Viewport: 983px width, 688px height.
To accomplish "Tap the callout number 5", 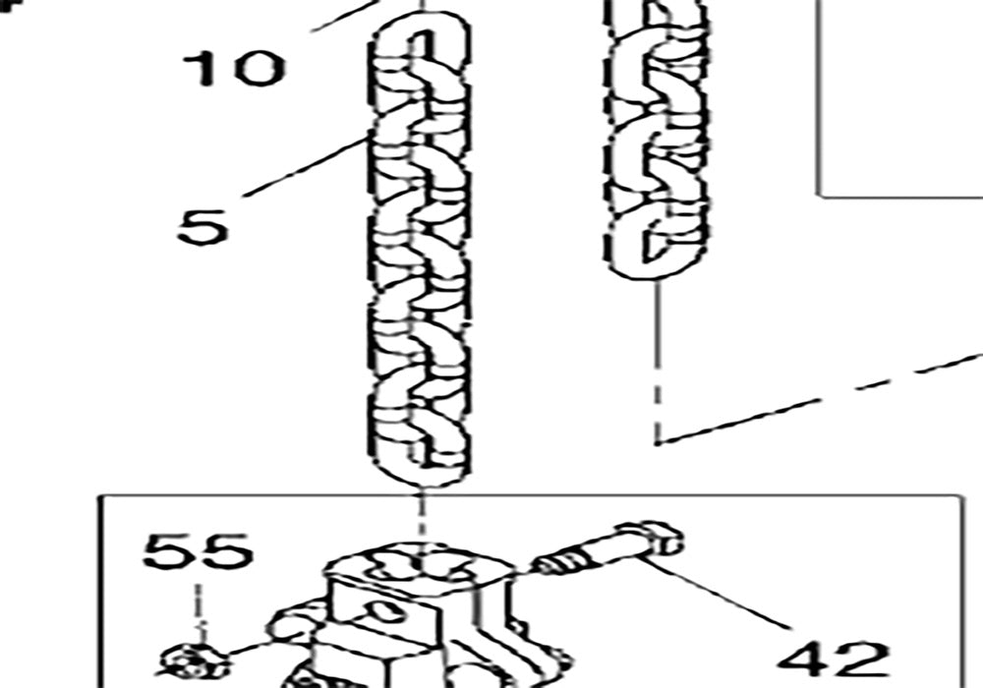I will (x=202, y=225).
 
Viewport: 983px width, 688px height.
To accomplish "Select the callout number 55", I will (x=198, y=551).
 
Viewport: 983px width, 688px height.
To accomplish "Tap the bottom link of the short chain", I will (x=654, y=241).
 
